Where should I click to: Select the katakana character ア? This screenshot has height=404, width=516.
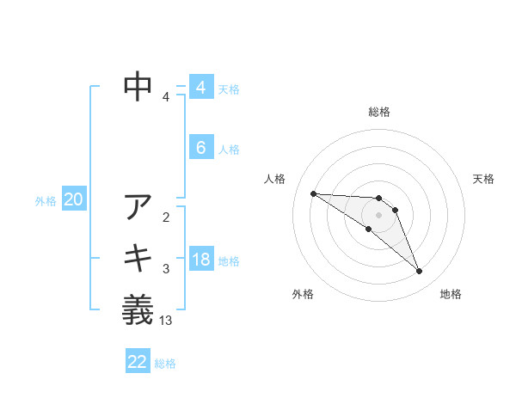pyautogui.click(x=138, y=208)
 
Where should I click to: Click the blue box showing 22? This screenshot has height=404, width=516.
pyautogui.click(x=138, y=362)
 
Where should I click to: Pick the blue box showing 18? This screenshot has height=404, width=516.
pyautogui.click(x=200, y=260)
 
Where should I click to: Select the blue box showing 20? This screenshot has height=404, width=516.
pyautogui.click(x=73, y=200)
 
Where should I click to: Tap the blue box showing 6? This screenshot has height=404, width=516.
pyautogui.click(x=200, y=148)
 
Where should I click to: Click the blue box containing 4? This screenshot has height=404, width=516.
pyautogui.click(x=200, y=87)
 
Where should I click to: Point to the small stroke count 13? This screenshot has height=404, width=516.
pyautogui.click(x=166, y=321)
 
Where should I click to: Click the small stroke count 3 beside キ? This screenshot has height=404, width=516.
pyautogui.click(x=166, y=269)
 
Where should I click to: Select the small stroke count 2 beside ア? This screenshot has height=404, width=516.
pyautogui.click(x=166, y=217)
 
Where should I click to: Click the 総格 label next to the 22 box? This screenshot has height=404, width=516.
pyautogui.click(x=165, y=364)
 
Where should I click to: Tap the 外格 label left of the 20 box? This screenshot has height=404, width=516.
pyautogui.click(x=46, y=201)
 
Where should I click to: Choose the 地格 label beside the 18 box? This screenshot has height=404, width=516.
pyautogui.click(x=229, y=260)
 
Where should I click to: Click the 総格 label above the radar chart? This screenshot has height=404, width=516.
pyautogui.click(x=379, y=112)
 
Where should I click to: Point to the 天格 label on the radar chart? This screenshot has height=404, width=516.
pyautogui.click(x=483, y=179)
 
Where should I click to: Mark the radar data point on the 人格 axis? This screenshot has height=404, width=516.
pyautogui.click(x=313, y=193)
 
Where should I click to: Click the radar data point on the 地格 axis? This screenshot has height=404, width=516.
pyautogui.click(x=420, y=272)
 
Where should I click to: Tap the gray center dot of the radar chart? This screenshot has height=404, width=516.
pyautogui.click(x=379, y=214)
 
